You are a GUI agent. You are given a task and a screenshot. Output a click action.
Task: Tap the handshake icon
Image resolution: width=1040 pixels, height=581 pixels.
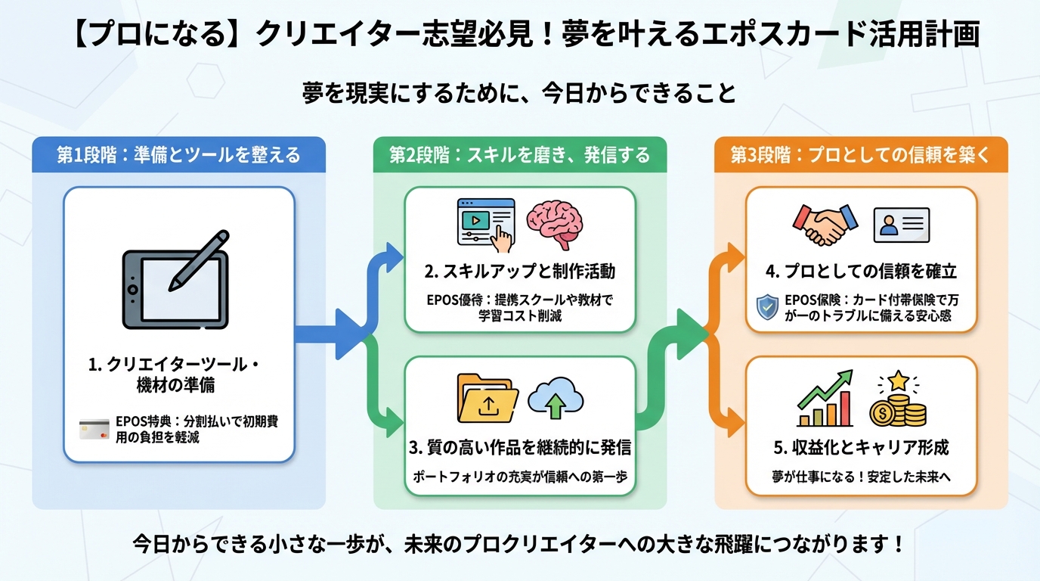click(x=825, y=225)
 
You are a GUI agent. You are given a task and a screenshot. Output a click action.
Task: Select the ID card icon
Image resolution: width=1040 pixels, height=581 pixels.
click(x=901, y=225)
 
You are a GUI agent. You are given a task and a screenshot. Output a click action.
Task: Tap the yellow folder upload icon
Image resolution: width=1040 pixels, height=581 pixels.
click(x=487, y=398)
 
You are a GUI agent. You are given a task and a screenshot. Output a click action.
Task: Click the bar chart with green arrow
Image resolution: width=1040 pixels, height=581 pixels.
click(x=825, y=398)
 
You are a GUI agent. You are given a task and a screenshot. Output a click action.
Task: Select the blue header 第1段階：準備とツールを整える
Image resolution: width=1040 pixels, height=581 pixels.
click(x=179, y=155)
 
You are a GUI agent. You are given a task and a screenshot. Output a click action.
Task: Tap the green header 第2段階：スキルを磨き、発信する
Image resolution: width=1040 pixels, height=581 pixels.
click(x=520, y=155)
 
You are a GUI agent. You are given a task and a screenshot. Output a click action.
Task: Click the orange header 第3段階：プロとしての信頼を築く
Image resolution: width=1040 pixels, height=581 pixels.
click(x=861, y=155)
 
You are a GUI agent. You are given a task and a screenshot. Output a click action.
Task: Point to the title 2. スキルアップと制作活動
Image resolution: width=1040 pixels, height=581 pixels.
click(x=520, y=271)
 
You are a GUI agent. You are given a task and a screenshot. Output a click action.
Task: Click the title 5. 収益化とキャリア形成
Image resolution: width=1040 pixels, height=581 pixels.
click(x=861, y=447)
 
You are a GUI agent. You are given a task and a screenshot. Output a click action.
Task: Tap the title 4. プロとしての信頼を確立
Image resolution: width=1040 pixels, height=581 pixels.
click(x=861, y=271)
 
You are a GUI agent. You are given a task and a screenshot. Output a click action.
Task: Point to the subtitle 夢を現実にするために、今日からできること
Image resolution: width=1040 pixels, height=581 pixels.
click(x=520, y=93)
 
